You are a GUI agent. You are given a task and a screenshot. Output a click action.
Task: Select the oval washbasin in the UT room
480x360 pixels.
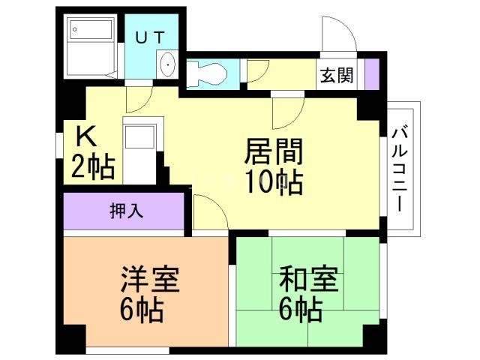click(x=166, y=65)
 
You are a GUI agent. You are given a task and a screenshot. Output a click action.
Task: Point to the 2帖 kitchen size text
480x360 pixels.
click(x=93, y=166)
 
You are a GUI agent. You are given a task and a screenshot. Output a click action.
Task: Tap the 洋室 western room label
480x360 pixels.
click(x=149, y=282)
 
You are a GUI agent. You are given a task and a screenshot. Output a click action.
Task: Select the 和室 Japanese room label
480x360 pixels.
click(x=309, y=282)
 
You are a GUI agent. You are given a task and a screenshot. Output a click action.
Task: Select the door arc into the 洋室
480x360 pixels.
click(x=210, y=214)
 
